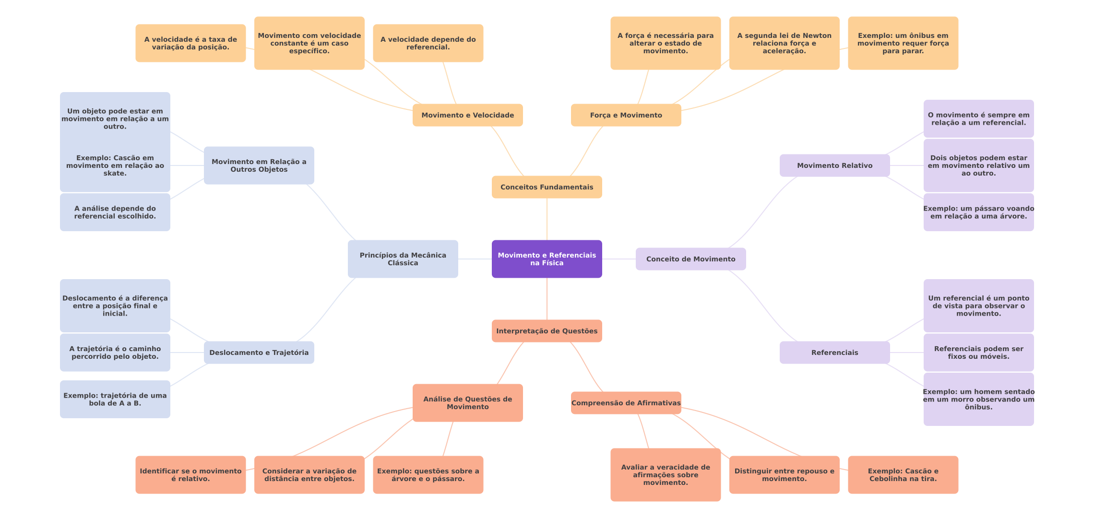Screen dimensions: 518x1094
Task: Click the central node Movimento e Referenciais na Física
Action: coord(547,259)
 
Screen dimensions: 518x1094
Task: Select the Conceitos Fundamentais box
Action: coord(547,187)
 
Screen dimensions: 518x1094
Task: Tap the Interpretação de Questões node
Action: coord(547,331)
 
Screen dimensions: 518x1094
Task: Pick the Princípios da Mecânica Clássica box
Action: coord(403,259)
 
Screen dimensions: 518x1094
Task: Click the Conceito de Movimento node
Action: coord(690,259)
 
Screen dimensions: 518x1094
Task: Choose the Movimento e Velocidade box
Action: coord(467,115)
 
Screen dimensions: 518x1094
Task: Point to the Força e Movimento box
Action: coord(626,115)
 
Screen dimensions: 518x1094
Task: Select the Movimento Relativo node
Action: coord(834,165)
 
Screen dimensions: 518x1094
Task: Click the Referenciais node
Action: coord(834,353)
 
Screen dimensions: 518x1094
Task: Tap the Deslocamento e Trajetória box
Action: coord(259,353)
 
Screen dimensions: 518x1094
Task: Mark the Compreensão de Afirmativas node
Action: coord(626,403)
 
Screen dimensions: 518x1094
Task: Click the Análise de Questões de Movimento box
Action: coord(467,403)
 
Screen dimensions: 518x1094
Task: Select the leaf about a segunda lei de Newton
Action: coord(784,43)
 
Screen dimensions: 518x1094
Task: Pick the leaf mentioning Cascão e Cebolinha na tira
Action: coord(903,475)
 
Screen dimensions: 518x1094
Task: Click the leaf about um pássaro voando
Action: coord(978,212)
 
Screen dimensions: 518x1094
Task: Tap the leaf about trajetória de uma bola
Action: coord(115,399)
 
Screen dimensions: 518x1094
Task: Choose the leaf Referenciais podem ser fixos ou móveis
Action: coord(978,353)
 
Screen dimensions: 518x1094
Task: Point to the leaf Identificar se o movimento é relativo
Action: coord(190,475)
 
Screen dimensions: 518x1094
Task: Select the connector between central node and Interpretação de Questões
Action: coord(547,299)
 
